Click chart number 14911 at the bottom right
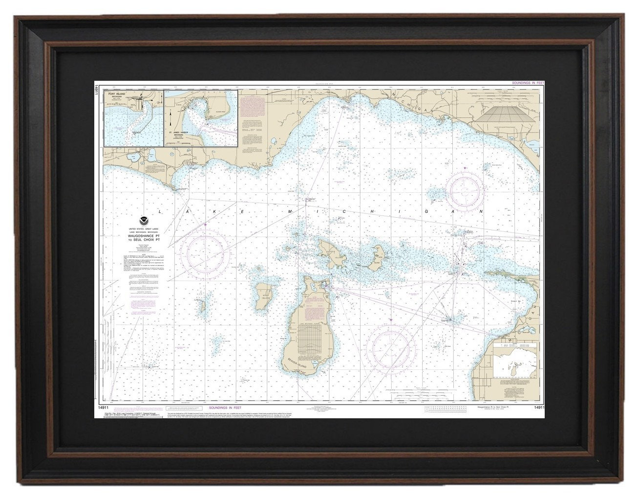(x=539, y=407)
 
